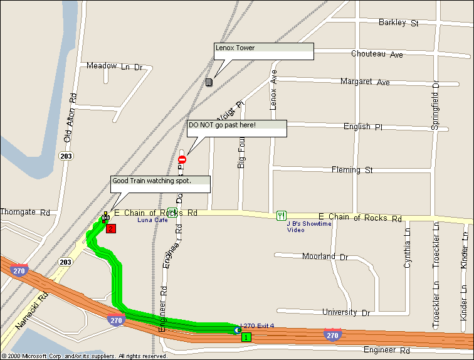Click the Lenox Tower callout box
pyautogui.click(x=263, y=51)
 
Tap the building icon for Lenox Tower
pyautogui.click(x=209, y=82)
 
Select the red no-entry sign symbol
pyautogui.click(x=182, y=159)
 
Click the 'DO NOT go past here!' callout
pyautogui.click(x=237, y=128)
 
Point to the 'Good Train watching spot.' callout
pyautogui.click(x=160, y=184)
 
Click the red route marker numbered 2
pyautogui.click(x=110, y=228)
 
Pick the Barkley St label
pyautogui.click(x=398, y=23)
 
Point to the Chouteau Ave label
pyautogui.click(x=377, y=54)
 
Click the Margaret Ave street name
pyautogui.click(x=365, y=82)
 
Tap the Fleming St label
pyautogui.click(x=352, y=170)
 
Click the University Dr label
pyautogui.click(x=348, y=312)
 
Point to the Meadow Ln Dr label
pyautogui.click(x=115, y=66)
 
